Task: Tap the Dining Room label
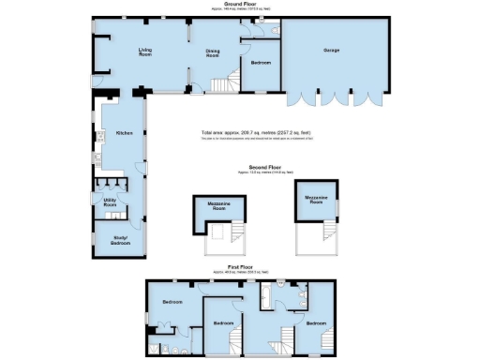(x=213, y=54)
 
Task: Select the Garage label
(x=331, y=50)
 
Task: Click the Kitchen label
(x=125, y=133)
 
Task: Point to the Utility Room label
(x=110, y=202)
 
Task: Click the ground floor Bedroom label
(x=262, y=63)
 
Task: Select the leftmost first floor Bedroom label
(x=172, y=302)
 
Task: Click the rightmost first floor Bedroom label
(x=315, y=322)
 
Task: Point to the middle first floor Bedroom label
(x=222, y=323)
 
